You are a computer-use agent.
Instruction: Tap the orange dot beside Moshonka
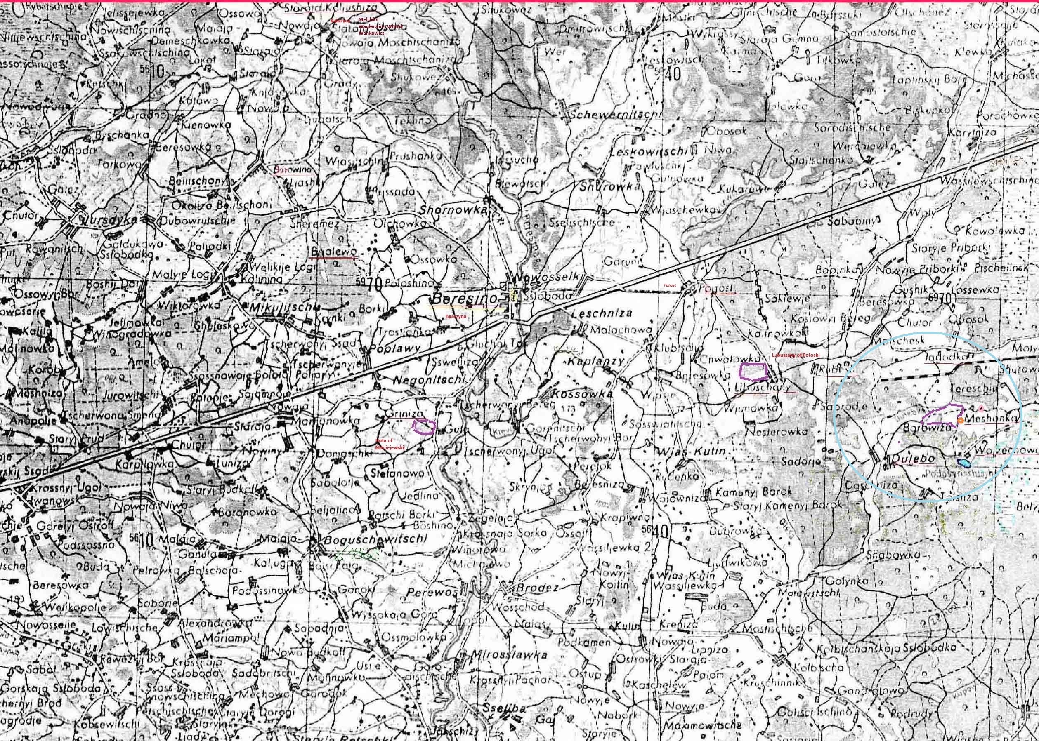(x=961, y=421)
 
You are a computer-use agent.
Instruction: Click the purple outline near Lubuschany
(x=753, y=372)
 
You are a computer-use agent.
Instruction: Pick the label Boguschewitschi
(x=375, y=539)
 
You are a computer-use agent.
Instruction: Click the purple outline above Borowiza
(x=942, y=415)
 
